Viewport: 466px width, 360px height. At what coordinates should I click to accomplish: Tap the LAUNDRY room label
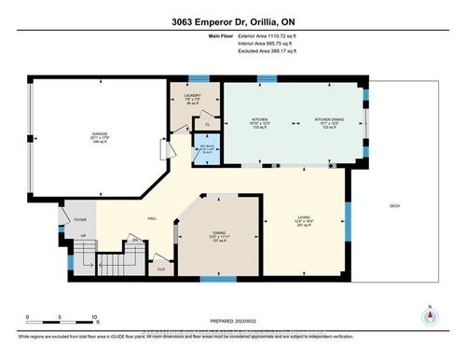192,95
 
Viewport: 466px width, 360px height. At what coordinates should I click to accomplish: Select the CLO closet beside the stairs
162,269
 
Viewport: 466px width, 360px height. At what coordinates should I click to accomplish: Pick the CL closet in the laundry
207,124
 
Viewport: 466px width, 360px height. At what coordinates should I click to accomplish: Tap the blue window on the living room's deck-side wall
349,220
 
